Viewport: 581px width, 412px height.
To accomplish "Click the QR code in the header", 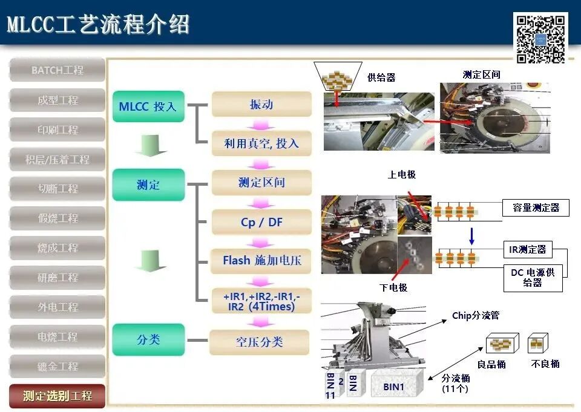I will tap(540, 38).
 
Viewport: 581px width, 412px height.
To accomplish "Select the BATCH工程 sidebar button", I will tap(57, 70).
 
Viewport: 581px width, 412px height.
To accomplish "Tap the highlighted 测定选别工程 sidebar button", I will tap(57, 396).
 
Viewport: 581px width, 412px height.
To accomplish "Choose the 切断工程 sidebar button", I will tap(57, 189).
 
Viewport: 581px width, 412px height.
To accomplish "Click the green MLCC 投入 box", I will tap(148, 106).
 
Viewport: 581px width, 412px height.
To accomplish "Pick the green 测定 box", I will tap(148, 185).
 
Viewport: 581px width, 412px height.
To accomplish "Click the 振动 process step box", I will tap(261, 104).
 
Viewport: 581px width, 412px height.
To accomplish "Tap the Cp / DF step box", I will tap(261, 222).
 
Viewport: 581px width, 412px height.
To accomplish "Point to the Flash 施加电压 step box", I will tap(261, 261).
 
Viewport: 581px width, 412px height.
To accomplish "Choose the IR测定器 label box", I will tap(527, 249).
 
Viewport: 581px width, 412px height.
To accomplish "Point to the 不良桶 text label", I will tap(545, 364).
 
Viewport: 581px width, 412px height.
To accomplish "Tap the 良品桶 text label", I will tap(491, 364).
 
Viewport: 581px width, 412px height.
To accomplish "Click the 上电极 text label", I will tap(402, 175).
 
